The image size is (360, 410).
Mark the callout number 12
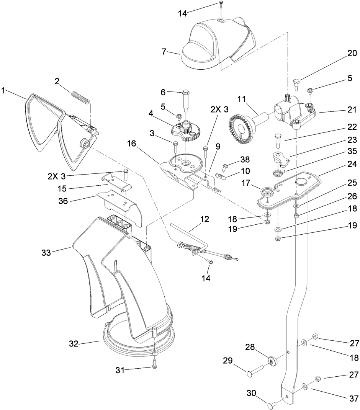(x=205, y=219)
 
